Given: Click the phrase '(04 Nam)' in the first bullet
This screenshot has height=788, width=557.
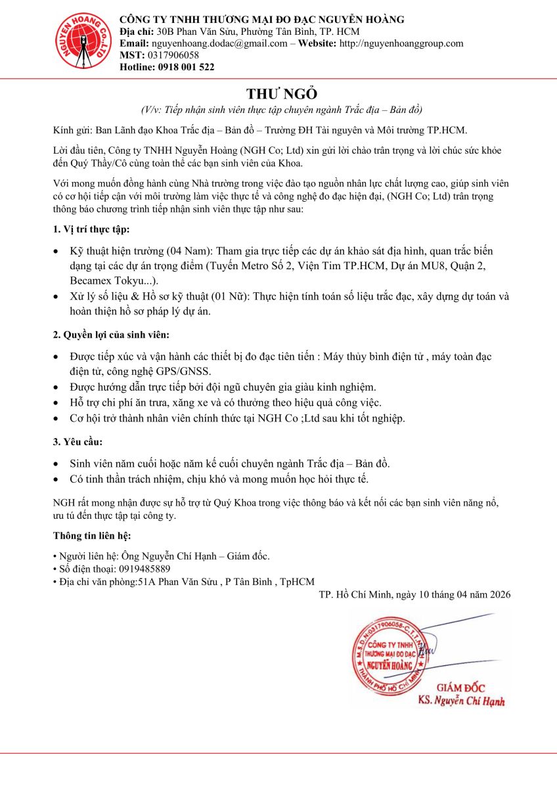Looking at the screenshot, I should (189, 252).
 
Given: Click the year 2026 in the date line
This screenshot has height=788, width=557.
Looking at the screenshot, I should (497, 594).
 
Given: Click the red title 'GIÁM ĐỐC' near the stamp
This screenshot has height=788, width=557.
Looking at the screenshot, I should (460, 688).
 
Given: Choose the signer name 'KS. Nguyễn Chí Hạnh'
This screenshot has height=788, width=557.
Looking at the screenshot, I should (461, 701).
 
